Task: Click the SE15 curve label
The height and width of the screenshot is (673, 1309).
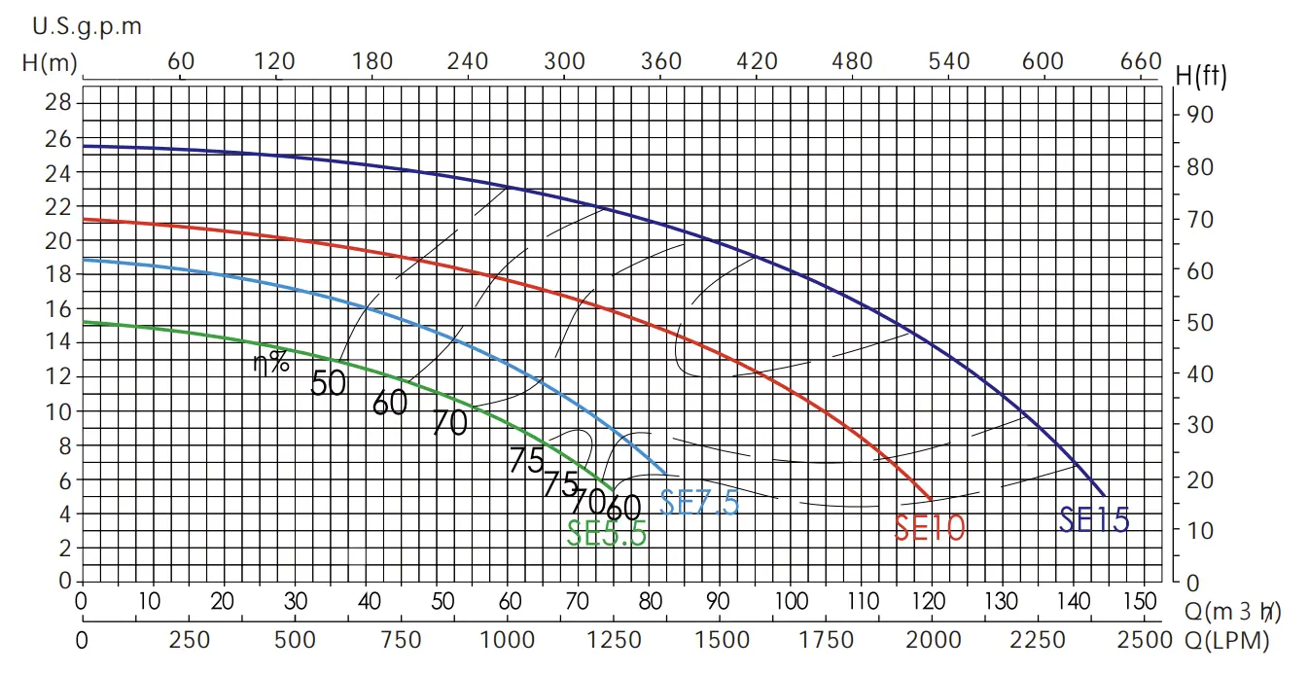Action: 1094,521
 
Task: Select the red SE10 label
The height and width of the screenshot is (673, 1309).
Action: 930,527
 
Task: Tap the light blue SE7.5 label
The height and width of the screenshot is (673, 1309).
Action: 699,502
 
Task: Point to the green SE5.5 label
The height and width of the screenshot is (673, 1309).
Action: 607,533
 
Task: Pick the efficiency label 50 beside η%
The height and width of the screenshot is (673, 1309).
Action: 329,384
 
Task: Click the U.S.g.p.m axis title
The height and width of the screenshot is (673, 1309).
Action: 87,26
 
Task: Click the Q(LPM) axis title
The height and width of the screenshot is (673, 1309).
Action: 1227,641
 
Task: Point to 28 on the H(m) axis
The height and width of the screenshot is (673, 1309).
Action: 60,102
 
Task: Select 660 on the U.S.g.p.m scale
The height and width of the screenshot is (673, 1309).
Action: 1141,61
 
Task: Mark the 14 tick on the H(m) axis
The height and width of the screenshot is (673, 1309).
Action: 60,341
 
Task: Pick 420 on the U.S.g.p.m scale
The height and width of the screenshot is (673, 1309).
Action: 757,61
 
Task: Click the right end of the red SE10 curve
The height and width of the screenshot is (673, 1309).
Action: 932,499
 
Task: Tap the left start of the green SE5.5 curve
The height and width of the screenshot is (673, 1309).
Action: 83,322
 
